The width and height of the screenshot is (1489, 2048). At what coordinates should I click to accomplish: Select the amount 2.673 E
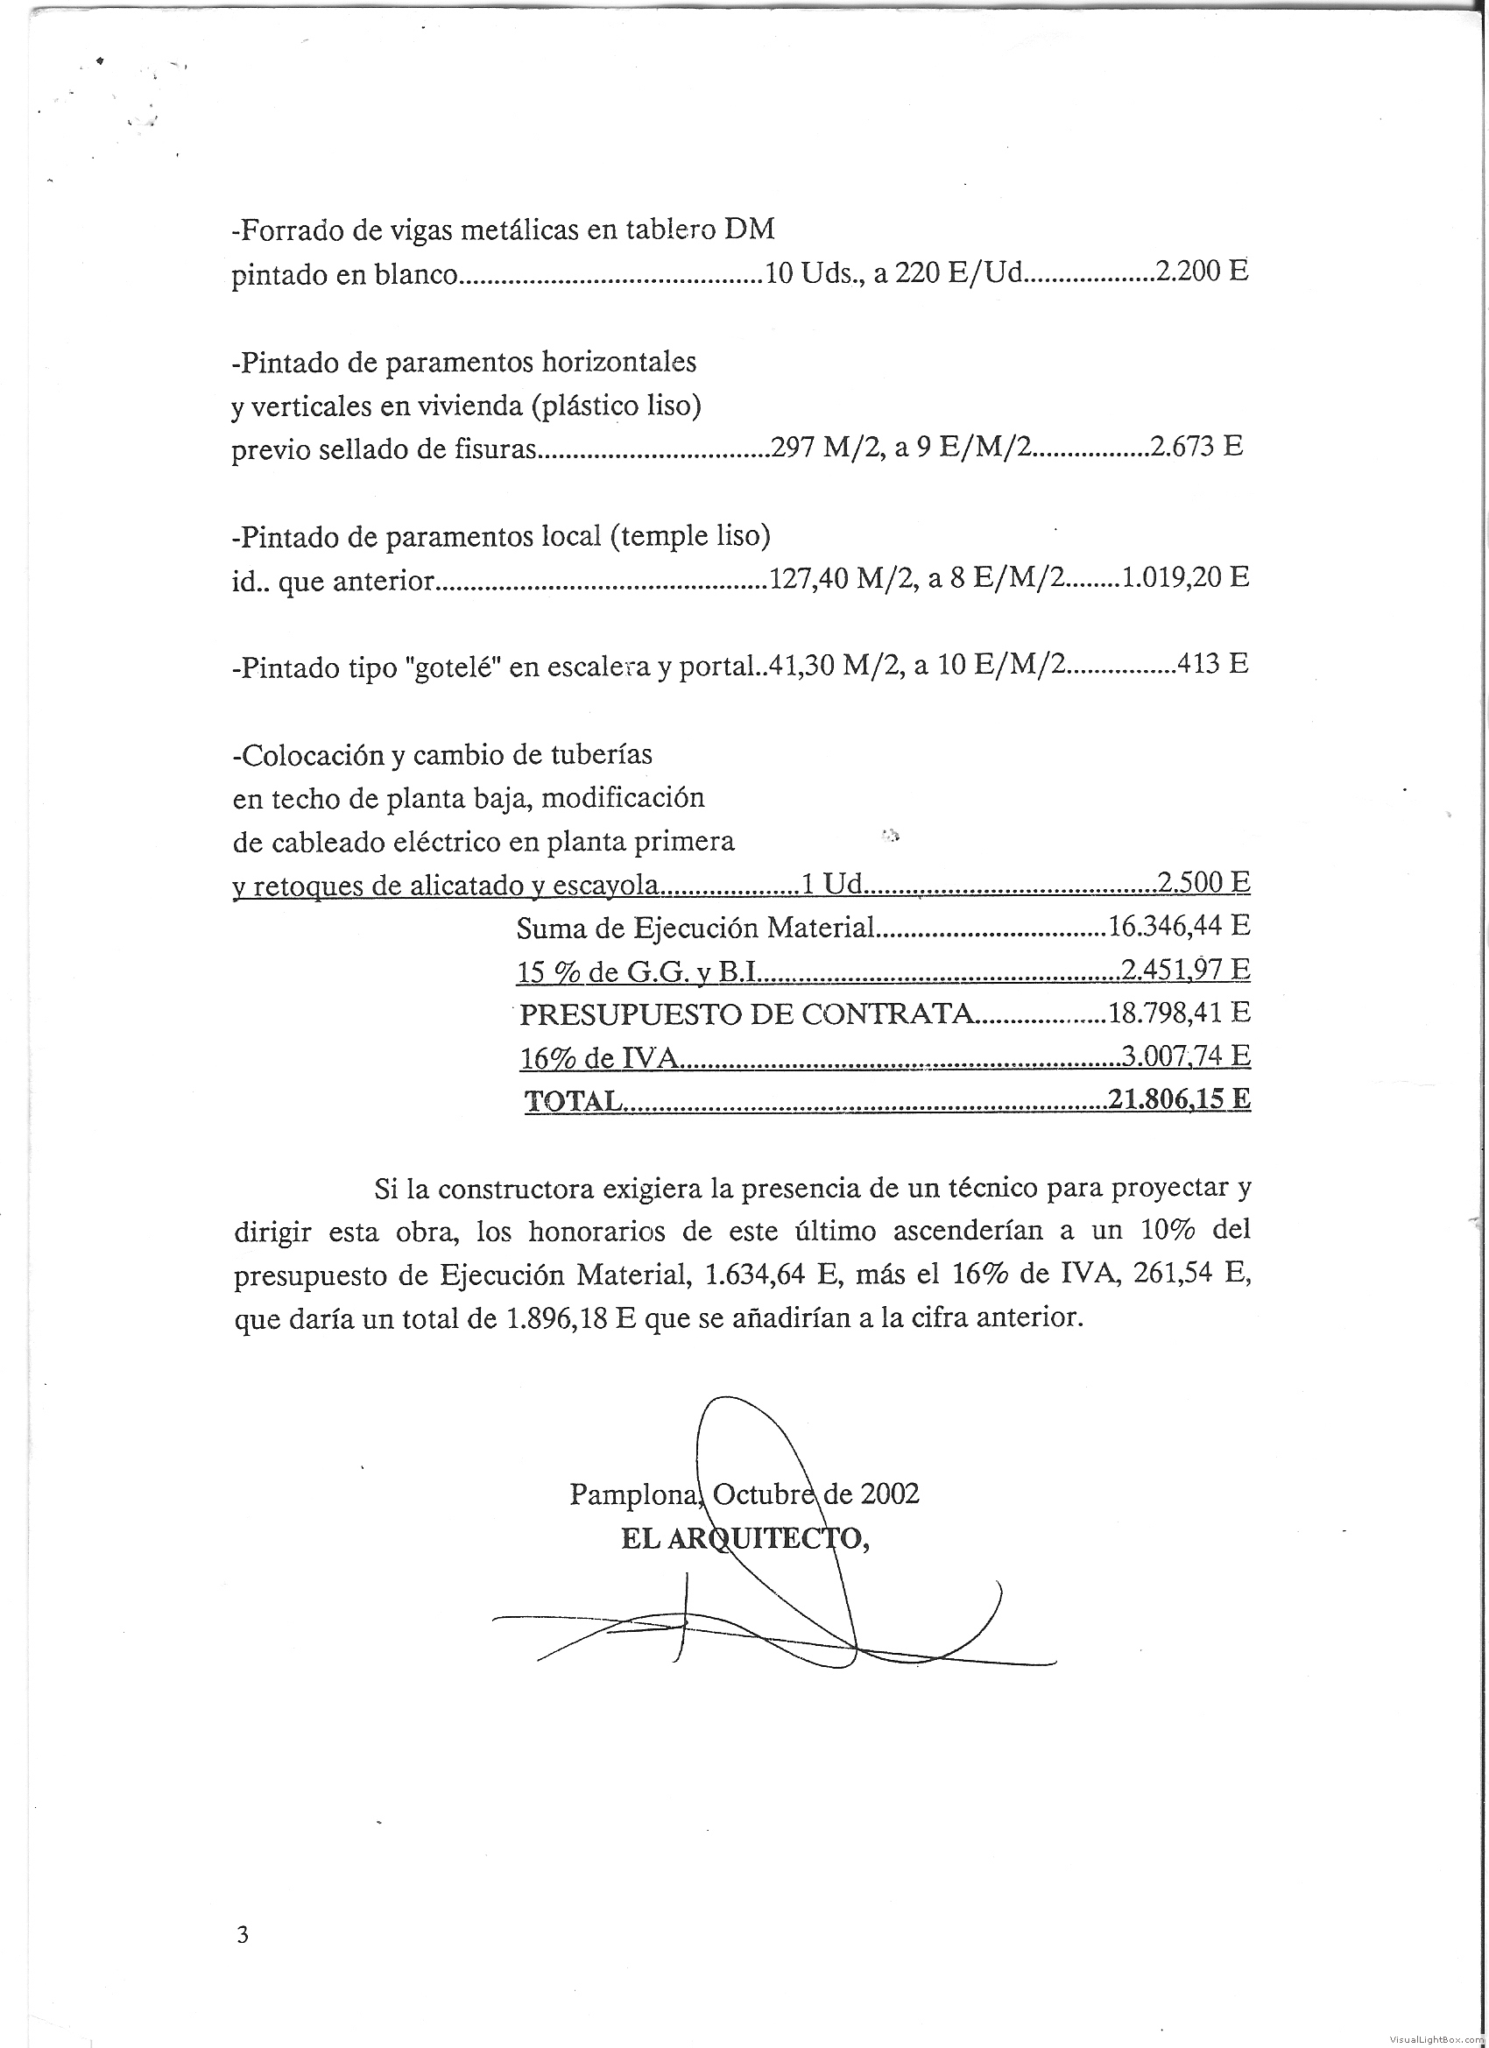pos(1196,446)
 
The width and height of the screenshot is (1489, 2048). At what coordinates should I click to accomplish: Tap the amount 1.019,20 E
pos(1185,577)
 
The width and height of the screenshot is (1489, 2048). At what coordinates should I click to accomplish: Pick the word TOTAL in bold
pos(573,1101)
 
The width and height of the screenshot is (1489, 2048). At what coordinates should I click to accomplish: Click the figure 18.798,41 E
pos(1178,1013)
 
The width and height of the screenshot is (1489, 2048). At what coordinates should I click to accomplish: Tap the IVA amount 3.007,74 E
pos(1185,1056)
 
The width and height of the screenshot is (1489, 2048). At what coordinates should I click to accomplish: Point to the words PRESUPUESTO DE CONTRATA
pos(747,1014)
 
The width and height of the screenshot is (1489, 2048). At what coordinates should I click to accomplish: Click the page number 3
pos(242,1934)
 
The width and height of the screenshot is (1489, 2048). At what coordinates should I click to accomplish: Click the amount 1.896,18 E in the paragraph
pos(571,1318)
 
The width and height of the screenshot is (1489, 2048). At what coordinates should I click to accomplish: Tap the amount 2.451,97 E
pos(1185,969)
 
